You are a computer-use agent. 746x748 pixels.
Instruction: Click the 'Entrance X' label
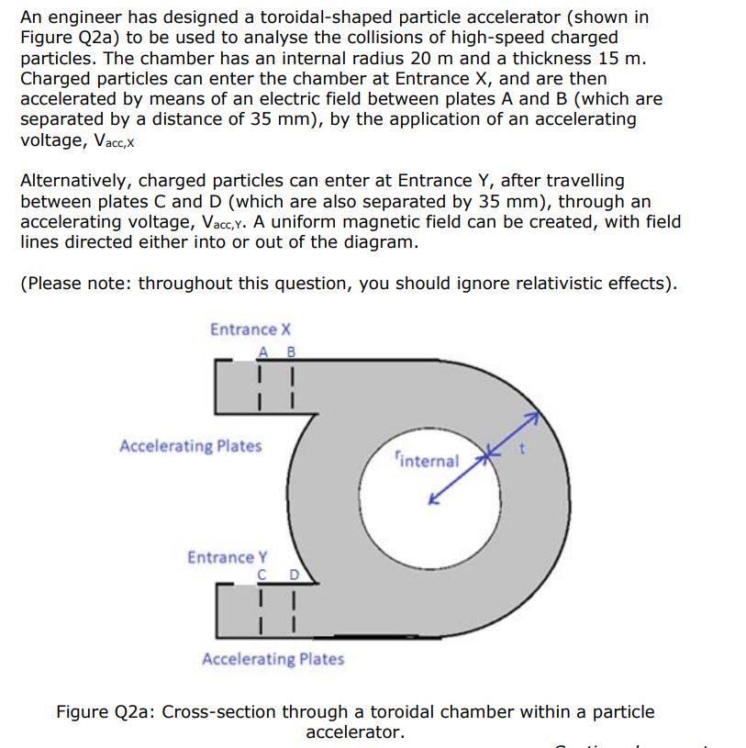pos(250,329)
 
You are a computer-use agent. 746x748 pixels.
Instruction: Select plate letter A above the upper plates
pos(263,352)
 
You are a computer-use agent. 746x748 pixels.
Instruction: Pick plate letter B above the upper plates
pos(291,352)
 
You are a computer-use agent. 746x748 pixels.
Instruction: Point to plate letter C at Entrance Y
pos(262,575)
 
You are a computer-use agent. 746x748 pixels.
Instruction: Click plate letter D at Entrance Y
pos(294,575)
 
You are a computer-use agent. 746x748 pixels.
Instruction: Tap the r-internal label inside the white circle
pos(426,459)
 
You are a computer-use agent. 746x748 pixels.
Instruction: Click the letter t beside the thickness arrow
pos(522,449)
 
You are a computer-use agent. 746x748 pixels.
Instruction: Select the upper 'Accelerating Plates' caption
pos(190,446)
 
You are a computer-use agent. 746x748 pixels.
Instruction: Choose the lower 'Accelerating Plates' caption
pos(273,659)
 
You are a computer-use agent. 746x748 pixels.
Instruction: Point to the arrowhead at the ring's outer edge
pos(531,418)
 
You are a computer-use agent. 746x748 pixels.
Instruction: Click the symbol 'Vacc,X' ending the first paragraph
pos(110,140)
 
